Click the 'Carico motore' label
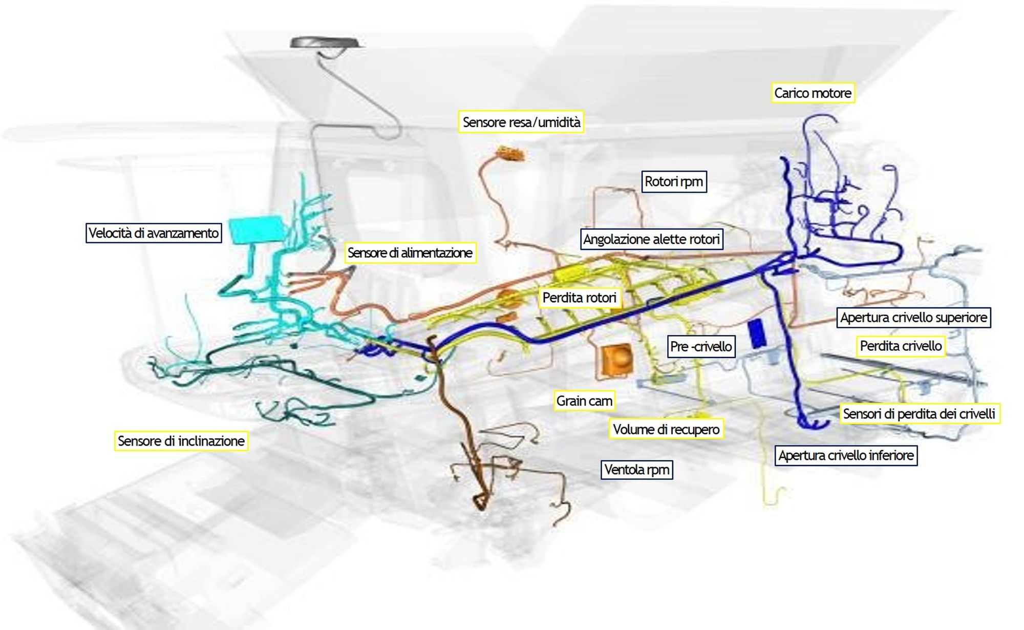click(813, 93)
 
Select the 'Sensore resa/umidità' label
click(521, 122)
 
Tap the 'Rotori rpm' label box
click(674, 182)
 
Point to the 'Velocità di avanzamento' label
click(154, 233)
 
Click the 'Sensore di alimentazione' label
click(410, 253)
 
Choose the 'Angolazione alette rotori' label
click(651, 239)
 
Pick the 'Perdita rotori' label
click(579, 298)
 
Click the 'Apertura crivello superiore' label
click(913, 318)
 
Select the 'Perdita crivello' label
click(901, 346)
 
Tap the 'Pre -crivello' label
click(701, 347)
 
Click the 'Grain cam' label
click(584, 401)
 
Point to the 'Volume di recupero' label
click(666, 429)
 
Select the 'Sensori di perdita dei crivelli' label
click(919, 414)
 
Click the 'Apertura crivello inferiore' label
click(846, 455)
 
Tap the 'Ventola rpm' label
click(636, 470)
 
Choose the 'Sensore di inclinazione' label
click(181, 441)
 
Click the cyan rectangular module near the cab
click(256, 229)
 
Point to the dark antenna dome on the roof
click(326, 42)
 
